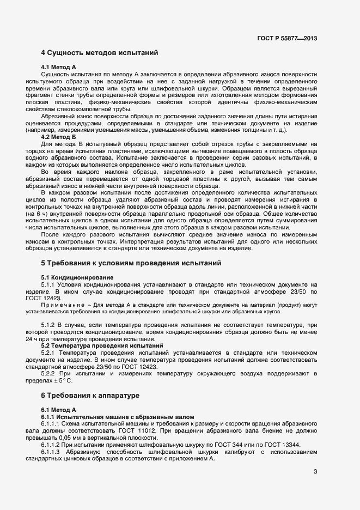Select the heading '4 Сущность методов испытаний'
point(100,53)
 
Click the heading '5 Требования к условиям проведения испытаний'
point(131,263)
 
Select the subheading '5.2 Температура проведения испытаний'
point(102,346)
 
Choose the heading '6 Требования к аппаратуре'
point(91,394)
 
